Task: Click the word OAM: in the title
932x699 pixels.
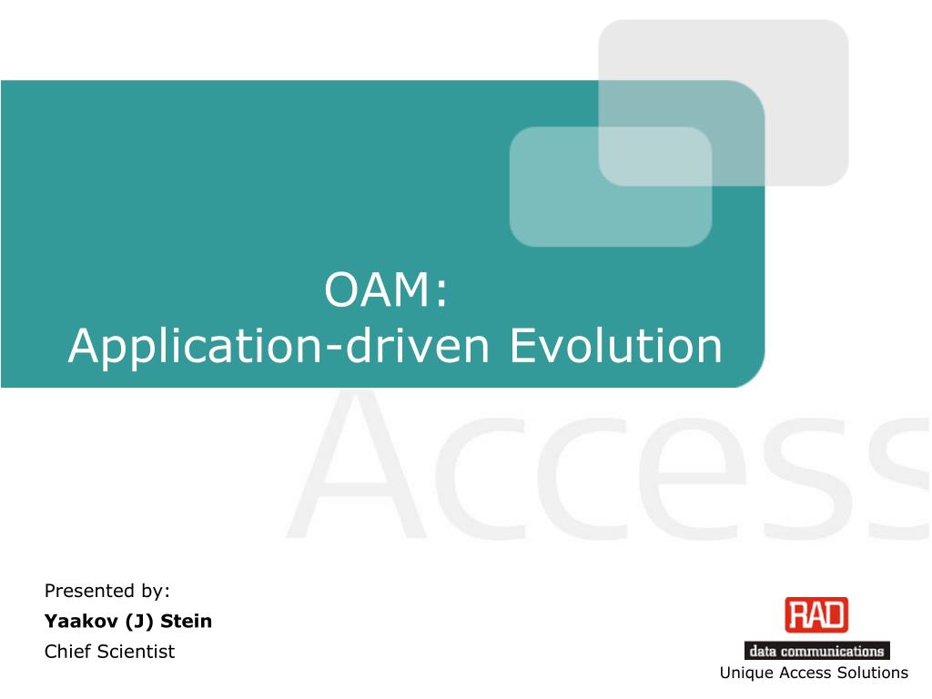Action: [386, 291]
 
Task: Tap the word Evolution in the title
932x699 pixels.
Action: [615, 346]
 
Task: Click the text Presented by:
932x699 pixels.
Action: [107, 591]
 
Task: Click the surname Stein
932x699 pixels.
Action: [187, 622]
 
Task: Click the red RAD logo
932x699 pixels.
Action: [816, 615]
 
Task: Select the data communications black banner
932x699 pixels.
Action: [816, 651]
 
